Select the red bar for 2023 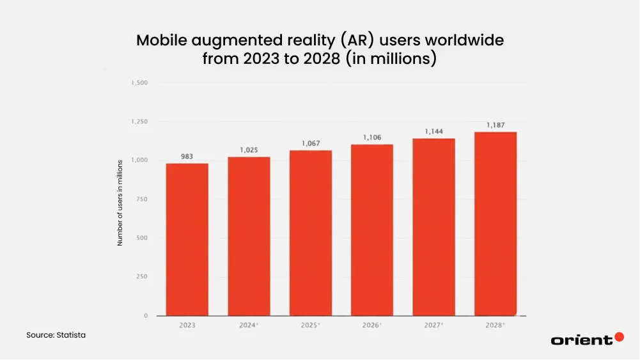(187, 240)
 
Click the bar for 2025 (310, 233)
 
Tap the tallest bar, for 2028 (496, 224)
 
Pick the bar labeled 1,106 (372, 230)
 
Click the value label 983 (187, 157)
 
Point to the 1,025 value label (249, 150)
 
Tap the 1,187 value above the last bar (496, 125)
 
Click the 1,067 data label (310, 144)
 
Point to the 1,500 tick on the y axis (139, 83)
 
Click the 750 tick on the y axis (141, 200)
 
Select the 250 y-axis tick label (141, 277)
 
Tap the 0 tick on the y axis (145, 316)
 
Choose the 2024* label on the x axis (249, 325)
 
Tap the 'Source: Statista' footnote (56, 335)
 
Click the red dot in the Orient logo (618, 337)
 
